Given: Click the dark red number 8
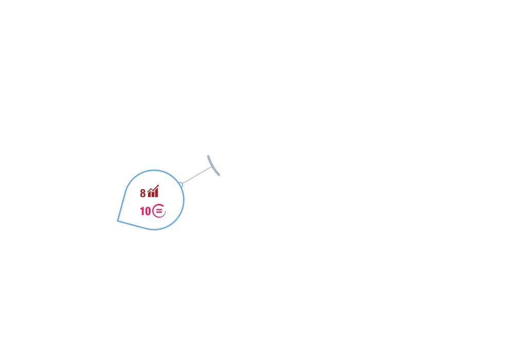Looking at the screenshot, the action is [x=142, y=193].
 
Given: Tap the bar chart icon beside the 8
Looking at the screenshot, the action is [x=153, y=191].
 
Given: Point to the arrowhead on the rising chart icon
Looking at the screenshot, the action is [x=158, y=186].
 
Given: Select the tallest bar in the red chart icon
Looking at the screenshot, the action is [x=157, y=192].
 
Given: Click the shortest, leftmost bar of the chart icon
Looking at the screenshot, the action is [x=149, y=194].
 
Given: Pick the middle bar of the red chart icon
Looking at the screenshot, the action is [x=153, y=194].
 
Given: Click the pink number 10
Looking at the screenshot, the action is [x=145, y=211].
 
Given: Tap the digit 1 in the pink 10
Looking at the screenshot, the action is [x=142, y=211].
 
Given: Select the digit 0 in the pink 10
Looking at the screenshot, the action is [x=148, y=211].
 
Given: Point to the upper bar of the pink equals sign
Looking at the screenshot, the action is [x=159, y=209].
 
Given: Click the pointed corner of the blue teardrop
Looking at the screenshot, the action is [x=118, y=221].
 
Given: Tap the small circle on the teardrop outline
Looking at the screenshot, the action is [x=180, y=185].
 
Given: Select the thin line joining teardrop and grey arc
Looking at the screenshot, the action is [x=197, y=175].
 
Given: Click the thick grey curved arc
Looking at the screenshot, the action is [x=212, y=167].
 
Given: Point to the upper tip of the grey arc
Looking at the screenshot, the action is [x=208, y=156].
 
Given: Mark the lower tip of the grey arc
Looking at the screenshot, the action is [x=219, y=175].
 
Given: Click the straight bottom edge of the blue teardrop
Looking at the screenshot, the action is [x=132, y=225].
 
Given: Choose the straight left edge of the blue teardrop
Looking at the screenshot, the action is [x=122, y=206].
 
